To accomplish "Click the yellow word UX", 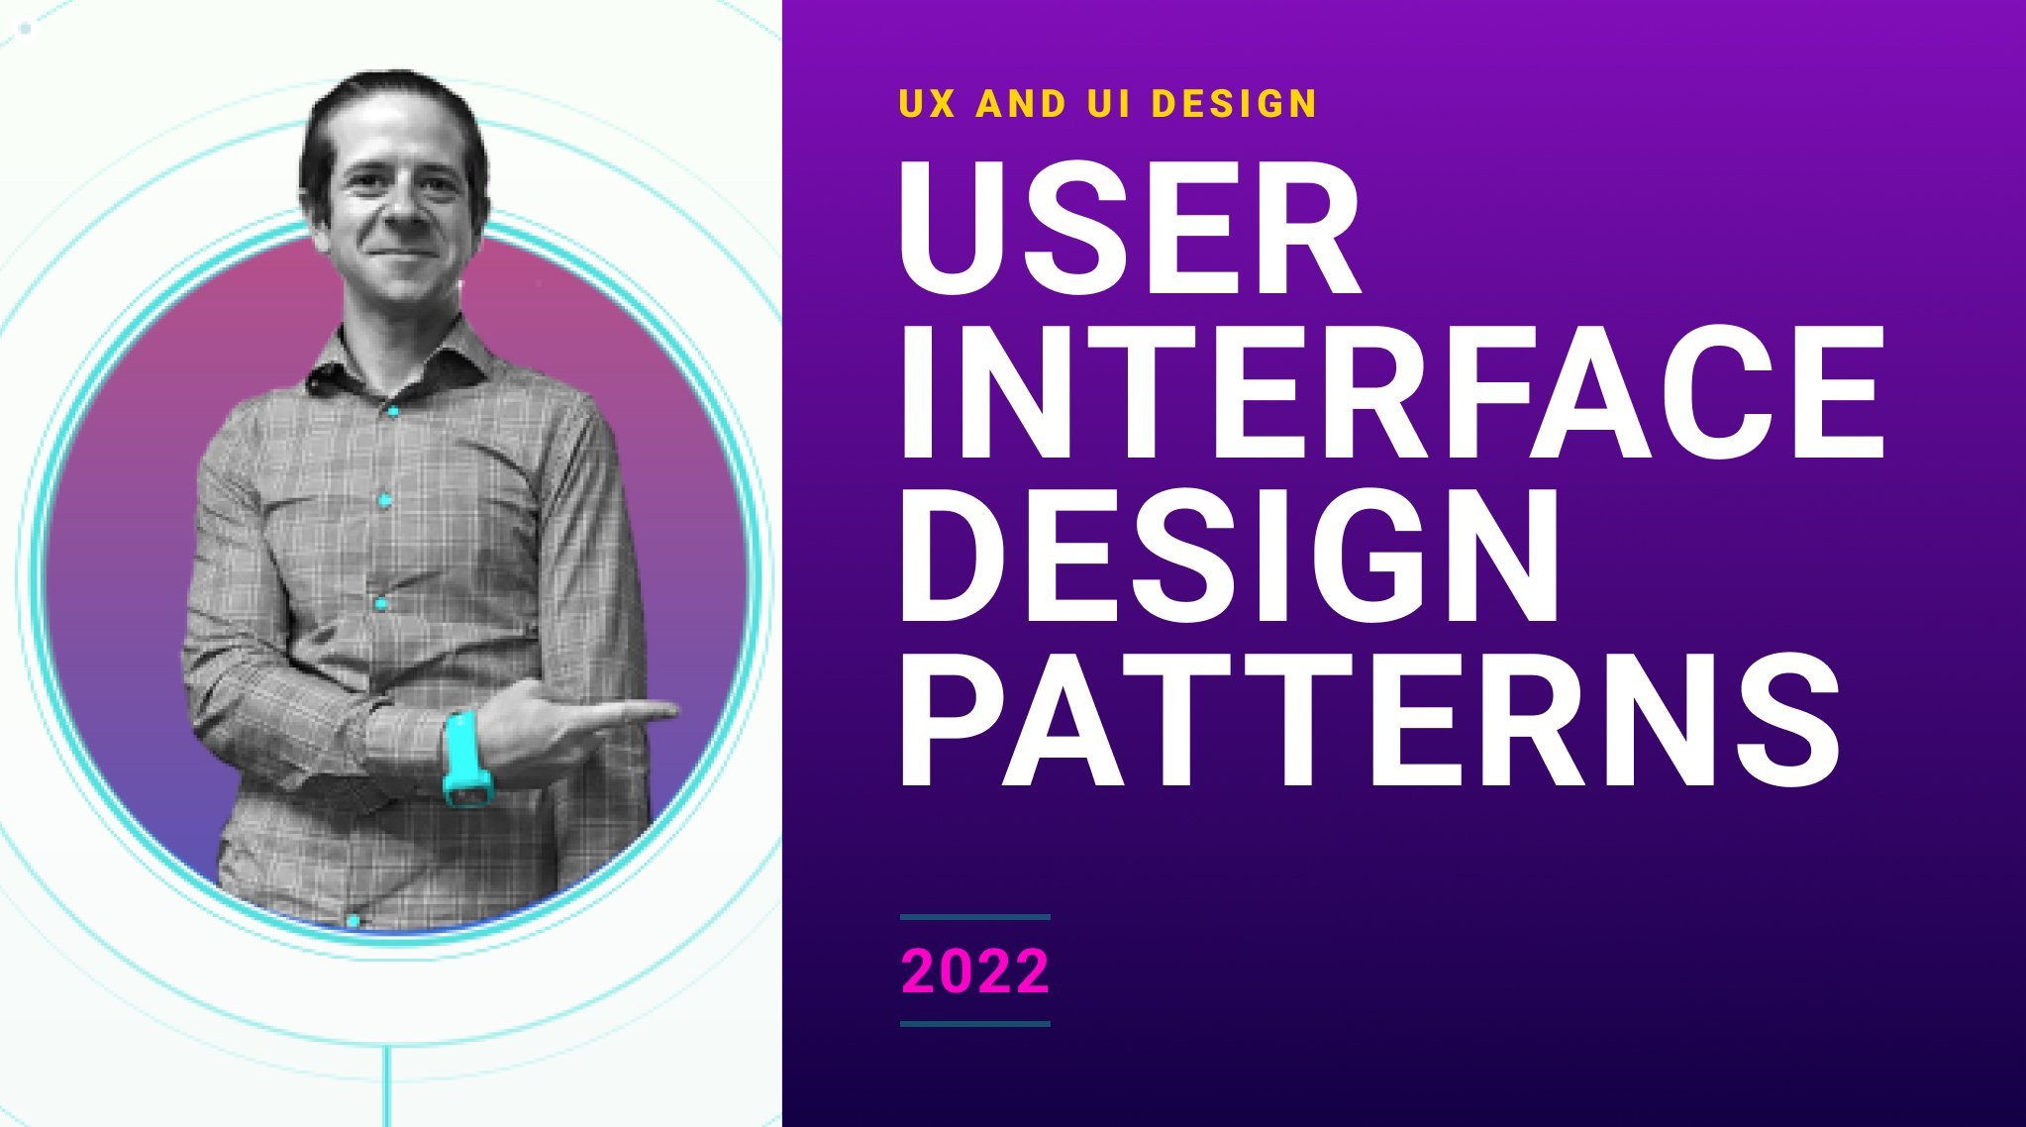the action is coord(928,104).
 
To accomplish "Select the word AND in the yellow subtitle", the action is coord(1021,104).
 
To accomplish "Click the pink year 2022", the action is coord(974,972).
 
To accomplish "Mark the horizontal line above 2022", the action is coord(975,917).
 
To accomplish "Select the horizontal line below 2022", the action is coord(975,1024).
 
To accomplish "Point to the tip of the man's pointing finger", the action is coord(676,709).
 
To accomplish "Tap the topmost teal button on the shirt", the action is coord(393,410).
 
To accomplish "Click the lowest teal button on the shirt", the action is coord(353,921).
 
